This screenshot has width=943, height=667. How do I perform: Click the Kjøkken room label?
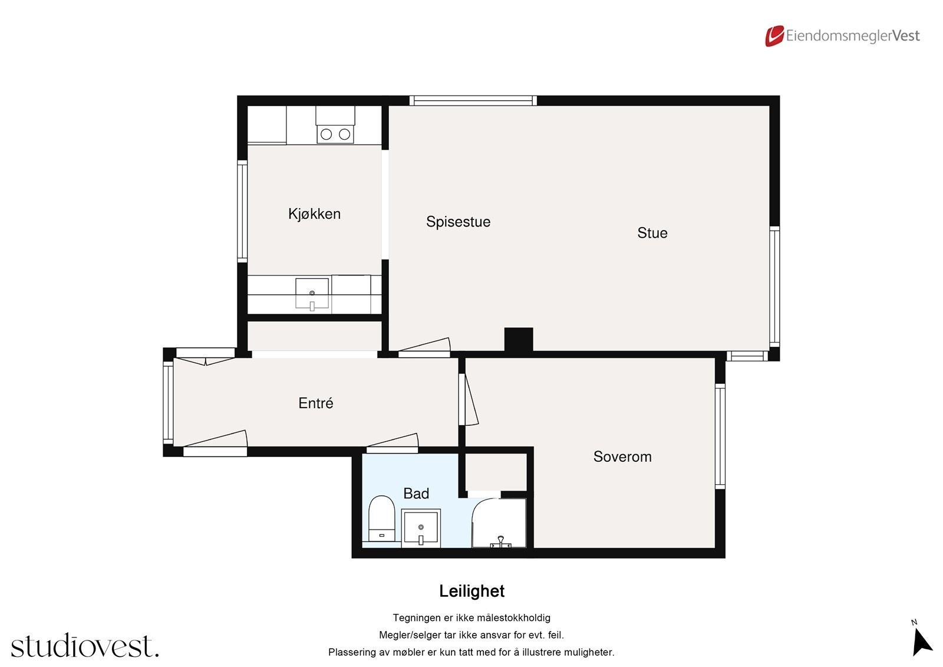pyautogui.click(x=314, y=214)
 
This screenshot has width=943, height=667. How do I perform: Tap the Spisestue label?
pyautogui.click(x=458, y=222)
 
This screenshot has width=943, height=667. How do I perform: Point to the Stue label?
pyautogui.click(x=652, y=233)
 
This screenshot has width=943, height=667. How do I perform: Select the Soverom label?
pyautogui.click(x=622, y=456)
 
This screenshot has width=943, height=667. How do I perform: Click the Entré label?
pyautogui.click(x=316, y=403)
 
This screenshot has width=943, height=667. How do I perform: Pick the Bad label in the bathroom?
pyautogui.click(x=416, y=494)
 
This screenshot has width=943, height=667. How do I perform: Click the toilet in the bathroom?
pyautogui.click(x=381, y=518)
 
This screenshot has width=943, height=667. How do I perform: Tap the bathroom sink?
pyautogui.click(x=421, y=528)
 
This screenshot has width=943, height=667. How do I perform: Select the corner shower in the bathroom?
pyautogui.click(x=499, y=523)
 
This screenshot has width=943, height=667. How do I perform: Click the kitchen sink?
pyautogui.click(x=312, y=294)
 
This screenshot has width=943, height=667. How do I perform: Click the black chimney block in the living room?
pyautogui.click(x=519, y=339)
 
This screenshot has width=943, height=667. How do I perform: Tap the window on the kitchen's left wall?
pyautogui.click(x=242, y=211)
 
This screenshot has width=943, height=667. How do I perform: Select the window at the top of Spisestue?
pyautogui.click(x=473, y=101)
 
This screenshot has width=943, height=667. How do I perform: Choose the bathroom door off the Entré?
pyautogui.click(x=393, y=443)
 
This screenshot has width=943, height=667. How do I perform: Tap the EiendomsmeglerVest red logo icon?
pyautogui.click(x=774, y=36)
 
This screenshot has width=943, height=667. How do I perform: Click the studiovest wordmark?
pyautogui.click(x=85, y=645)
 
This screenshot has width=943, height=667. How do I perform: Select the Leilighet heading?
pyautogui.click(x=471, y=591)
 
